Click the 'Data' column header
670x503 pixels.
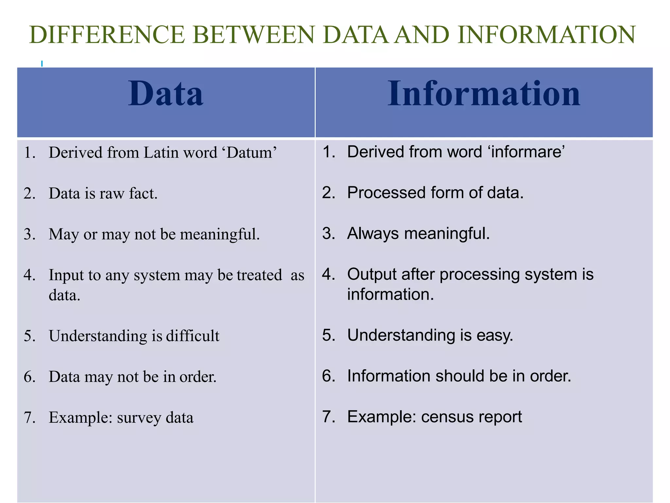[166, 94]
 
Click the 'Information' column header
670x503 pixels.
[484, 94]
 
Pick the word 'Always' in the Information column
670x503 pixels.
[373, 233]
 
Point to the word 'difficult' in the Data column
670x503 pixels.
[193, 336]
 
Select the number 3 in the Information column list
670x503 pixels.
[328, 233]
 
